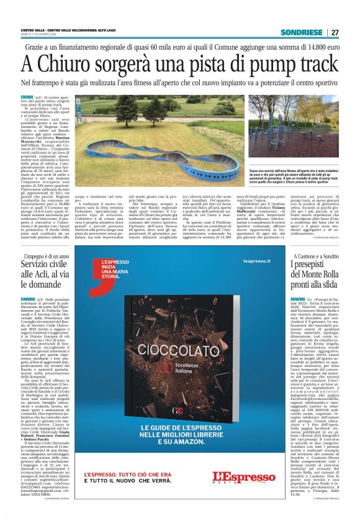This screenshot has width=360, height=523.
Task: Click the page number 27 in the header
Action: tap(335, 32)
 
